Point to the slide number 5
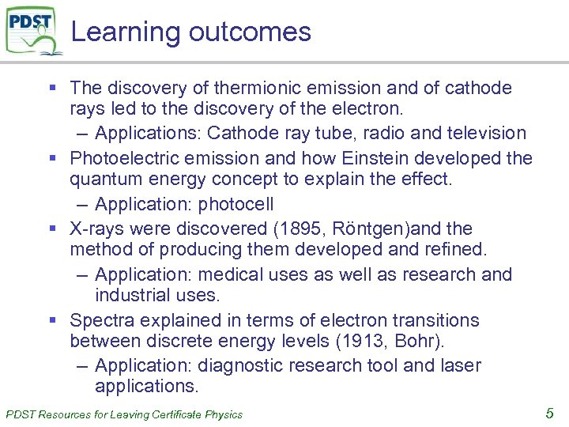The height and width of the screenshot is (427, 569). [550, 412]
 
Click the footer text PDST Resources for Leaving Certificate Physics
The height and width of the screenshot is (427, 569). [124, 414]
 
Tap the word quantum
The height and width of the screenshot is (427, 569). [104, 179]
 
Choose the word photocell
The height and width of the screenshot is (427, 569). [236, 204]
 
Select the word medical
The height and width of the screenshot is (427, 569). [233, 274]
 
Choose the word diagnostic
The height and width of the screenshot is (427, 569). [241, 366]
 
